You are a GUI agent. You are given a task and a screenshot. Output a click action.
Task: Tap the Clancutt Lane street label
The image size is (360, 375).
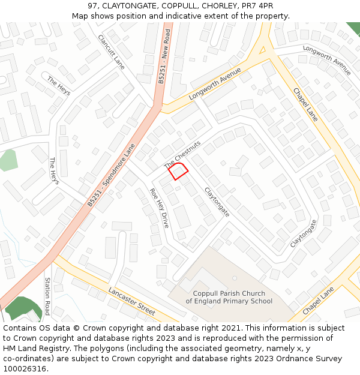(x=111, y=52)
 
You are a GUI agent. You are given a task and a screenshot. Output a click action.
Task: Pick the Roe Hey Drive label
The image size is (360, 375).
(x=159, y=208)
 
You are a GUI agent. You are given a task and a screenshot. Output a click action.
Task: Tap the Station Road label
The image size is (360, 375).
(x=47, y=296)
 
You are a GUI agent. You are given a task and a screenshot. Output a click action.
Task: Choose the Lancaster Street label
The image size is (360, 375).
(x=131, y=301)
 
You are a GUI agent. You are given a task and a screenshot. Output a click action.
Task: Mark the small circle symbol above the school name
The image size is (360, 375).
(x=235, y=278)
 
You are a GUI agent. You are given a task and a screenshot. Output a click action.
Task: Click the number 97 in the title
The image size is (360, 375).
(x=93, y=6)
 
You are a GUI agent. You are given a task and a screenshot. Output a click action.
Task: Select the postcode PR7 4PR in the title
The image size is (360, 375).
(x=258, y=6)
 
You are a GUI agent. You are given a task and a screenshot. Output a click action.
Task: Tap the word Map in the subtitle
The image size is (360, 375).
(x=80, y=16)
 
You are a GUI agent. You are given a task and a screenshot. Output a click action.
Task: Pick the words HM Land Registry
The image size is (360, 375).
(x=30, y=349)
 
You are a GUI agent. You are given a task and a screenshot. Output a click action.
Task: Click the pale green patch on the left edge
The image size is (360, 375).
(x=7, y=160)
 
